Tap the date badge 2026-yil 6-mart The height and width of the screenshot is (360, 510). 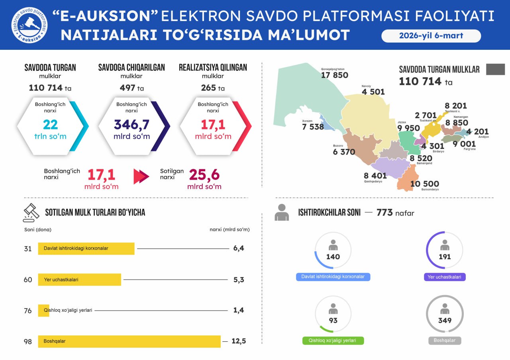tap(431, 35)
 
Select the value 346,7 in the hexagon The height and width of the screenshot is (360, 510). tap(131, 125)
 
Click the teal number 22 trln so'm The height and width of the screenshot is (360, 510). tap(51, 125)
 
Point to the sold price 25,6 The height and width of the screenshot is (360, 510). tap(204, 175)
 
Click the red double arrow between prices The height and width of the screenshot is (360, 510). tap(141, 176)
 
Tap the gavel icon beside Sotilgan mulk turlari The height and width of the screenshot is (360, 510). tap(31, 213)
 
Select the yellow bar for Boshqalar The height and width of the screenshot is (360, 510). tap(129, 341)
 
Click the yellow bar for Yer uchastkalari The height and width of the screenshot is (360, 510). tap(79, 280)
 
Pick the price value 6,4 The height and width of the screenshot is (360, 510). tap(239, 248)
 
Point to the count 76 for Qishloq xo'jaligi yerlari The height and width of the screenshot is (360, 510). tap(27, 311)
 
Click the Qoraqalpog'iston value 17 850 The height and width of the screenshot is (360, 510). tap(334, 75)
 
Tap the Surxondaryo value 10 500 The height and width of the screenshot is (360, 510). tap(424, 184)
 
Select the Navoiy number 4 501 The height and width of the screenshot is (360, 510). tap(373, 92)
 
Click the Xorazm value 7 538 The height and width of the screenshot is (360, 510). tap(313, 127)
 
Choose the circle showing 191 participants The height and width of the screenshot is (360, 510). tap(445, 250)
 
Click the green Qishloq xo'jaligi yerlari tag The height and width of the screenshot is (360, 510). tap(333, 341)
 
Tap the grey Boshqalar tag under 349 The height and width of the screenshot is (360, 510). tap(445, 341)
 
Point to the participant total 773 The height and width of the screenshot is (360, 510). tap(384, 213)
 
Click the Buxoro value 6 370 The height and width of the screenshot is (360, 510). tap(344, 152)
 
